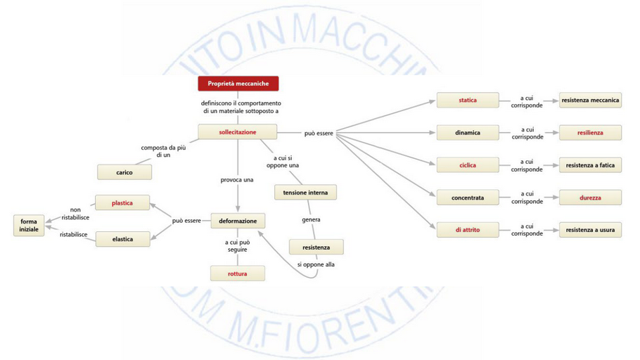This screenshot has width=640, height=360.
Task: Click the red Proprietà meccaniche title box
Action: click(x=238, y=84)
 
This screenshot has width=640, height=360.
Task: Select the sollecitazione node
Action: click(x=238, y=132)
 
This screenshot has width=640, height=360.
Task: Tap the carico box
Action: click(x=124, y=172)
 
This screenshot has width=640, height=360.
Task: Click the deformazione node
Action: click(x=238, y=221)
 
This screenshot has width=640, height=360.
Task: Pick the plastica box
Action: click(x=122, y=203)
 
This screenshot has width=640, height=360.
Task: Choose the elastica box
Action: click(x=122, y=240)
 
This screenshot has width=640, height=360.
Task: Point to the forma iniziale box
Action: click(x=30, y=226)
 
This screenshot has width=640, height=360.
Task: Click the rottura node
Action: click(x=238, y=274)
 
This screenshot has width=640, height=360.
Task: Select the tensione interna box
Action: click(x=305, y=192)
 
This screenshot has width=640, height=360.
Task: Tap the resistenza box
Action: click(x=316, y=247)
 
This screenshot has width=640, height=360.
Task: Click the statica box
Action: click(x=468, y=101)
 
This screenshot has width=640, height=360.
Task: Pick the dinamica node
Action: click(x=468, y=132)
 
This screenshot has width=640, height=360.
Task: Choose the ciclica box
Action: click(x=468, y=165)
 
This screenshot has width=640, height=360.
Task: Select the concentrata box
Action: click(x=468, y=198)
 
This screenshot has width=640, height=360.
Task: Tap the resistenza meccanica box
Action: click(x=590, y=101)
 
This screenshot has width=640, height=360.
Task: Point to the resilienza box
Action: click(x=590, y=132)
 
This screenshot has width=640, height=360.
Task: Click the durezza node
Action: click(x=590, y=198)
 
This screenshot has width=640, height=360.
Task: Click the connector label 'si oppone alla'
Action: click(x=316, y=264)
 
